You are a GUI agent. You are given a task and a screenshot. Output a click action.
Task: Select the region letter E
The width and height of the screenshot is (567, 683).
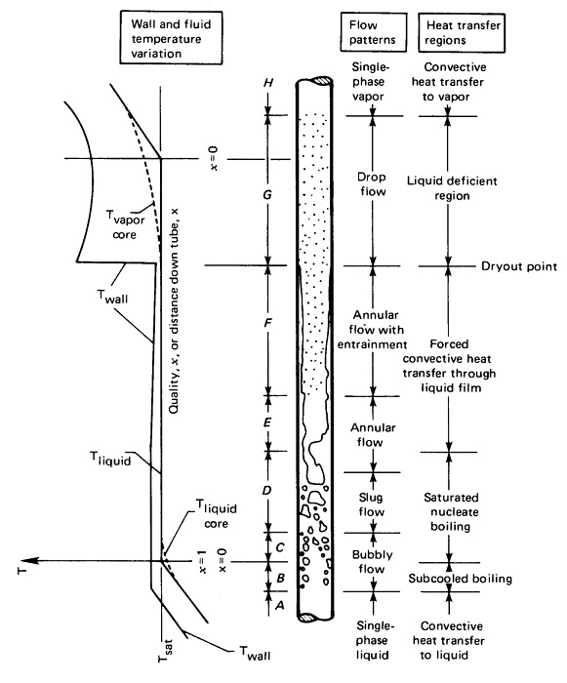tap(267, 423)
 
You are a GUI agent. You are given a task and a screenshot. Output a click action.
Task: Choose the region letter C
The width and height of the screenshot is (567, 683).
tap(279, 547)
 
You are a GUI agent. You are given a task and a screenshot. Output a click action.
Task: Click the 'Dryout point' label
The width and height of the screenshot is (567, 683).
tap(518, 266)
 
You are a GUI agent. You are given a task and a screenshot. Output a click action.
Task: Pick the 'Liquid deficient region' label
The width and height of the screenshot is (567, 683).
tap(452, 187)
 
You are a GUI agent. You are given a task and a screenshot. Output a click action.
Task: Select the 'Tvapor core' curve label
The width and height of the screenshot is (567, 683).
tap(118, 220)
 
